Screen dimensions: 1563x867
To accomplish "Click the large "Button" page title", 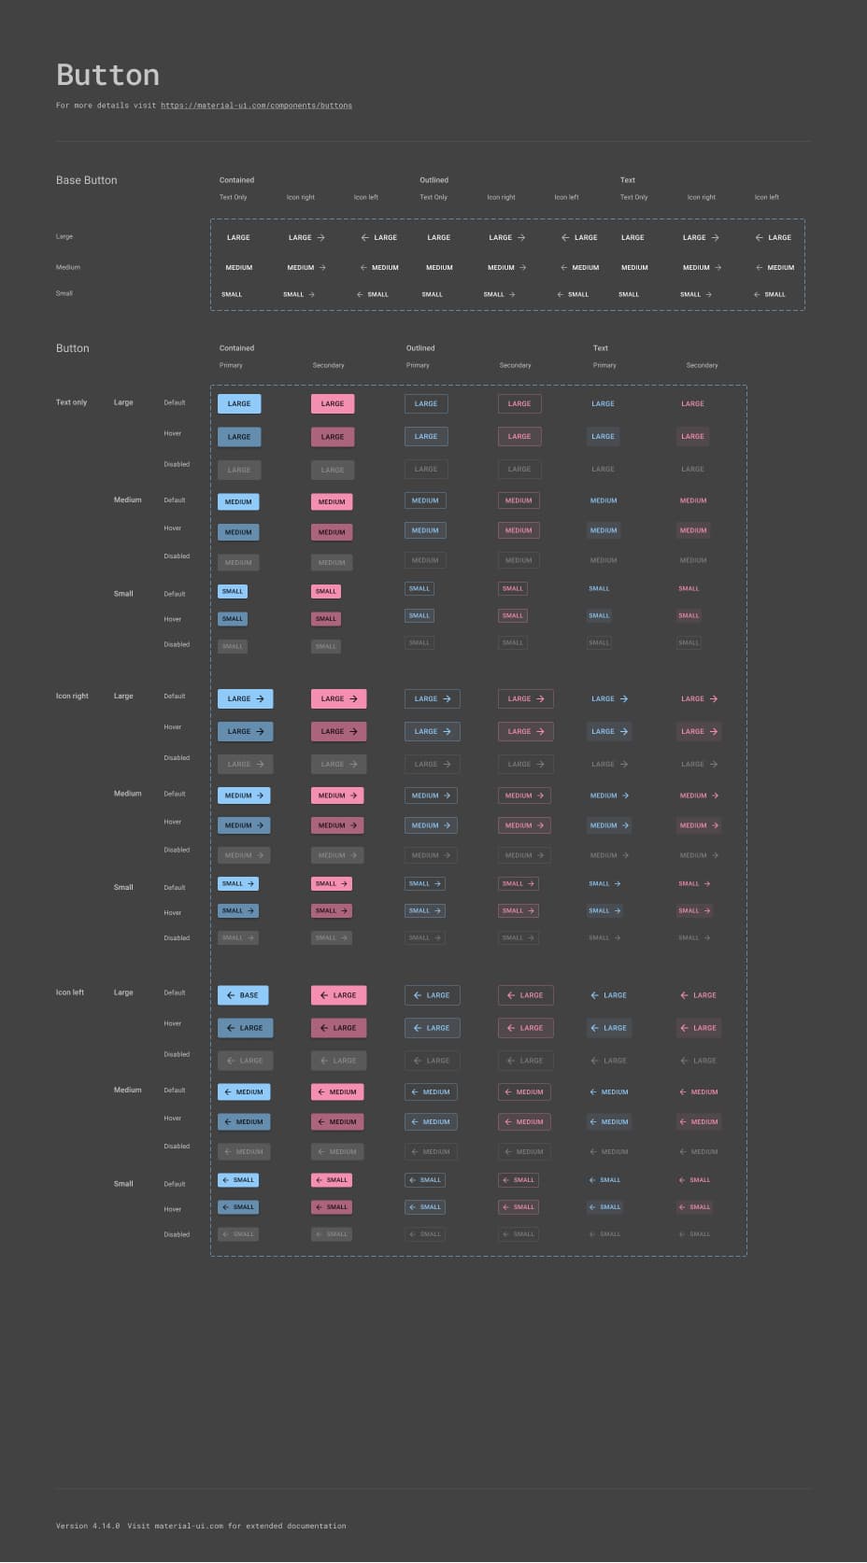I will coord(107,75).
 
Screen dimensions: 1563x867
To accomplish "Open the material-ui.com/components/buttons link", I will coord(256,106).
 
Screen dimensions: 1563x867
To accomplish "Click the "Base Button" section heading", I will coord(86,180).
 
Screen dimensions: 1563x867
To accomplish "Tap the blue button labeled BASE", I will coord(243,995).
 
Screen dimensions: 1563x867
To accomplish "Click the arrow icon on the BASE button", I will coord(231,995).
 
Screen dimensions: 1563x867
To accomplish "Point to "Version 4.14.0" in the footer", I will coord(88,1526).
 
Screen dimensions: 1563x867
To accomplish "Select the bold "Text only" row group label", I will coord(71,402).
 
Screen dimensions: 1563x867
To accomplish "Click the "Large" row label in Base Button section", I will coord(64,236).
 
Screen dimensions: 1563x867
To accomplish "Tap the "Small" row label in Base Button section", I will coord(64,293).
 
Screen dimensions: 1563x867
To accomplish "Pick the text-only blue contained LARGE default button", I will coord(239,403).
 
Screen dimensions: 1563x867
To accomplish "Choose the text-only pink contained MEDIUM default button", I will coord(332,501).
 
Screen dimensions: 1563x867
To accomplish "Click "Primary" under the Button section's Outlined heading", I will coord(418,365).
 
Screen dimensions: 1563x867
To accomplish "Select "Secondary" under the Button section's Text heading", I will coord(702,365).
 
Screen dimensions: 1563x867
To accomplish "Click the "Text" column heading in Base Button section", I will coord(628,180).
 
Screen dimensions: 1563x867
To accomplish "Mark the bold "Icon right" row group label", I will coord(72,696).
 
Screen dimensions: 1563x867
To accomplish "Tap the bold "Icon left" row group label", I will coord(70,993).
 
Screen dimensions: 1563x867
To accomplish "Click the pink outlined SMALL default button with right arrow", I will coord(518,883).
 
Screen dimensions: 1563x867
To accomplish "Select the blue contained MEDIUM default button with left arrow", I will coord(244,1091).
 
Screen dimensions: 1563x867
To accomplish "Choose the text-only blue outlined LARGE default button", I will coord(426,403).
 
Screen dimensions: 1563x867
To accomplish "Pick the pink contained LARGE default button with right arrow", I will coord(338,698).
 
